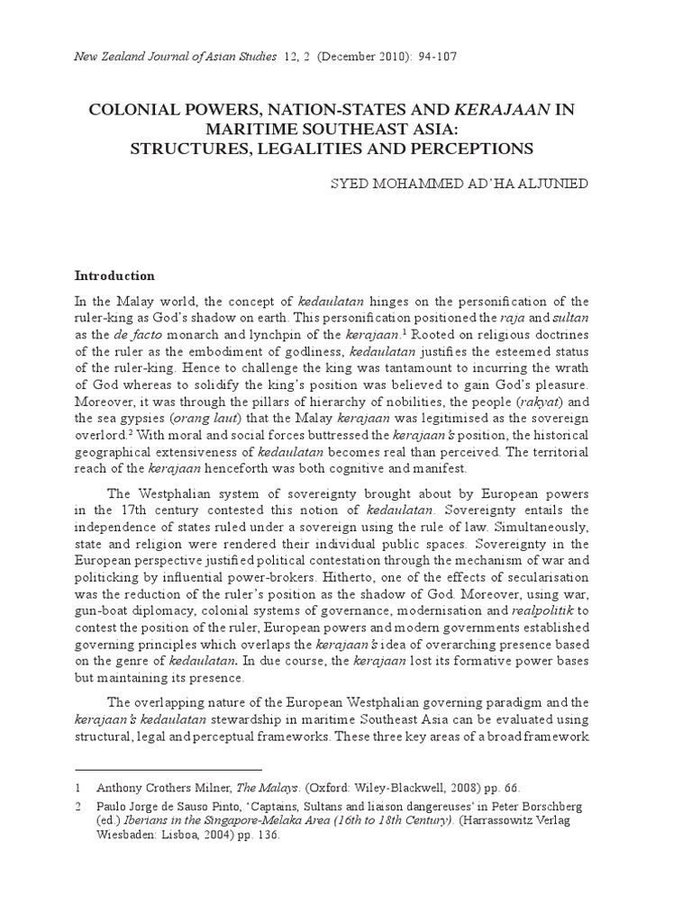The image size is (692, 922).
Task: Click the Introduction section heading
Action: point(114,276)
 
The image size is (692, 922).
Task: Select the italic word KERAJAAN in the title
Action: point(503,111)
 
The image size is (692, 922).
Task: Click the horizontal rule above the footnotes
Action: point(168,770)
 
